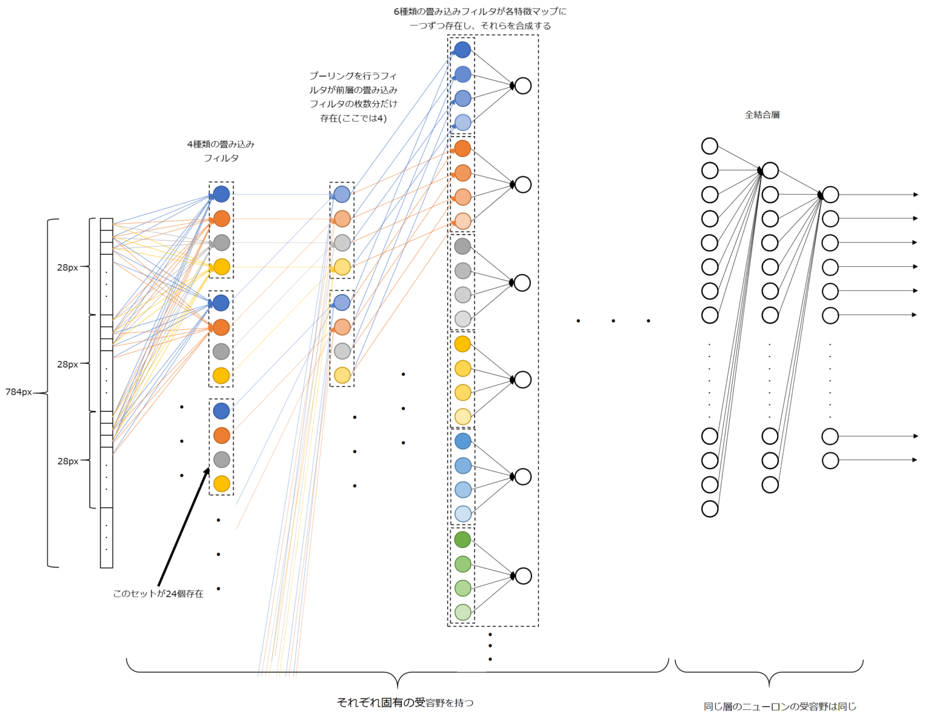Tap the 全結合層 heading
(x=762, y=115)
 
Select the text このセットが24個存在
(x=158, y=594)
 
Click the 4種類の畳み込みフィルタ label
(x=221, y=151)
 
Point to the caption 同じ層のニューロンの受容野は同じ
(x=779, y=706)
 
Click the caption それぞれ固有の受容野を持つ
(x=405, y=703)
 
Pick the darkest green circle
(x=462, y=540)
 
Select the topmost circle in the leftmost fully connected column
(x=710, y=146)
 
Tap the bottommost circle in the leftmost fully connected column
(x=710, y=509)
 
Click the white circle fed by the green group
(x=523, y=576)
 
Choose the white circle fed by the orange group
(x=523, y=184)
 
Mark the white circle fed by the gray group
(x=522, y=283)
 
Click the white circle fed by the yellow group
(x=523, y=380)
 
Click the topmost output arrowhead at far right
(x=915, y=195)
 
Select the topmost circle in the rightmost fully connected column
(x=830, y=195)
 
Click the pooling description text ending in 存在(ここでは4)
(x=353, y=97)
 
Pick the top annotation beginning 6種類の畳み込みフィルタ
(x=480, y=18)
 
